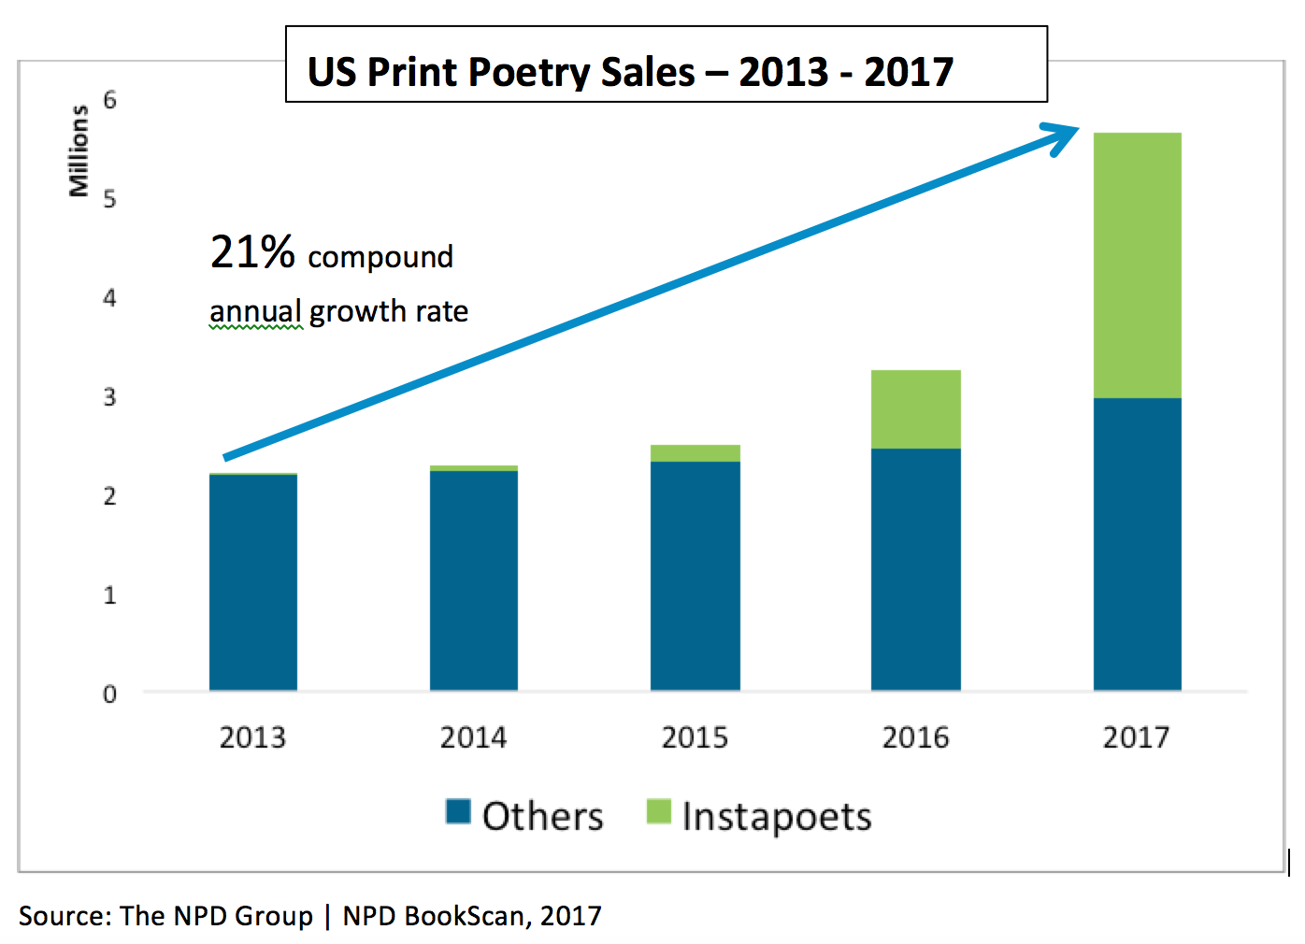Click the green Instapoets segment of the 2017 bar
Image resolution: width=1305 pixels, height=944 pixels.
point(1137,265)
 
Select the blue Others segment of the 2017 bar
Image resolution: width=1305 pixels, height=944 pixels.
point(1137,544)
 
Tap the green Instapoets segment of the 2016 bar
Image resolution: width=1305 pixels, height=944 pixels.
point(915,409)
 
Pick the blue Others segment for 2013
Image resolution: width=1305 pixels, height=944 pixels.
point(253,582)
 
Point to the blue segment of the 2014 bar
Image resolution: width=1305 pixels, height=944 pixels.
point(473,580)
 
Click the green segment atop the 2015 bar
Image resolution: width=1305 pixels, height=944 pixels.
point(695,453)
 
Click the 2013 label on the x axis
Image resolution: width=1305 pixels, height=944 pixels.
point(252,737)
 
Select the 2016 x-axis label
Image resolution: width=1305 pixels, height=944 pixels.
point(915,737)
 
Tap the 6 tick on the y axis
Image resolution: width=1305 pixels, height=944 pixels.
point(110,100)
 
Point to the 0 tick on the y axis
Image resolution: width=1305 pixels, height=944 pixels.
point(110,694)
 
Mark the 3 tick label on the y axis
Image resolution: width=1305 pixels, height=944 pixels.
point(110,397)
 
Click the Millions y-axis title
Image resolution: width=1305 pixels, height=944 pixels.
point(79,150)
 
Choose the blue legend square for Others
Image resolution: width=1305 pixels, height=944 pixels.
point(458,811)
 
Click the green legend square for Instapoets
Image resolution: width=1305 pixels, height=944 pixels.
point(659,811)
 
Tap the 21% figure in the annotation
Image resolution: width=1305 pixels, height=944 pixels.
point(252,252)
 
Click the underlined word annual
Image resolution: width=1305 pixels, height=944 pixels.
point(255,311)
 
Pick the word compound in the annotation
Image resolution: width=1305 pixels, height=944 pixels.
point(380,257)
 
